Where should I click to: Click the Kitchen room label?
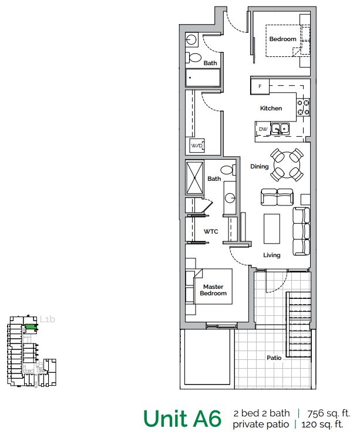(x=271, y=109)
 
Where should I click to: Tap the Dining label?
(x=259, y=167)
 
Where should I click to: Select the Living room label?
(x=271, y=255)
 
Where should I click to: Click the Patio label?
(x=274, y=357)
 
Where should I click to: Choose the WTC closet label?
(x=211, y=232)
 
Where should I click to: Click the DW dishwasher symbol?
(x=263, y=129)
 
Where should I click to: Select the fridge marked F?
(x=260, y=87)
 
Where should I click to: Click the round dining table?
(x=287, y=164)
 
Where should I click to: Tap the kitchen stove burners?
(x=304, y=107)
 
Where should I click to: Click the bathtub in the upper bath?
(x=203, y=78)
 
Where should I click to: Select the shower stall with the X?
(x=195, y=178)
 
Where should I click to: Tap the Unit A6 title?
(x=183, y=419)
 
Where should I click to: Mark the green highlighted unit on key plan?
(x=29, y=326)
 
